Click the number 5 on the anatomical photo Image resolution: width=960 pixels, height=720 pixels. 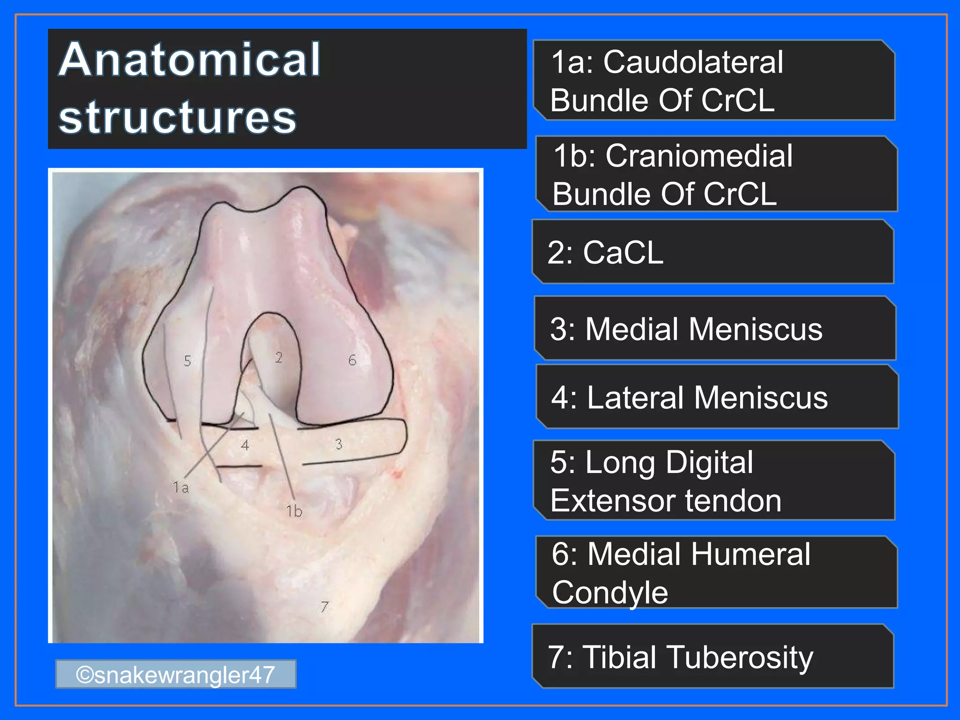pyautogui.click(x=187, y=361)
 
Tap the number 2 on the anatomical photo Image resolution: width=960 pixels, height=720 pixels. pyautogui.click(x=279, y=358)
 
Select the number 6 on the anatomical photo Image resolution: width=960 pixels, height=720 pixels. pyautogui.click(x=352, y=360)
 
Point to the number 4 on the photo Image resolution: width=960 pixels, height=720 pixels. pyautogui.click(x=245, y=445)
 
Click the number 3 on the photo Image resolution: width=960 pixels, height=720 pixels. pyautogui.click(x=339, y=444)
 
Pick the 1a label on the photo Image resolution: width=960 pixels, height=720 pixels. pyautogui.click(x=181, y=487)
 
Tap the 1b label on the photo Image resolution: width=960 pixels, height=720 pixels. pyautogui.click(x=294, y=511)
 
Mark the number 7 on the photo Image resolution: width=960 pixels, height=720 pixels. pyautogui.click(x=324, y=607)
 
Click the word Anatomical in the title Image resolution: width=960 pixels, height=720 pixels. pyautogui.click(x=190, y=60)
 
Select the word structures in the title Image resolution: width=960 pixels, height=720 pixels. pyautogui.click(x=178, y=117)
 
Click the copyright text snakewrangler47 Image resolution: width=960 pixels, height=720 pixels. pyautogui.click(x=176, y=675)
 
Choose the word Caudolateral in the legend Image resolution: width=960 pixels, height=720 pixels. pyautogui.click(x=693, y=62)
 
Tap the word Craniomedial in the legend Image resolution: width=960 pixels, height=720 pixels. pyautogui.click(x=699, y=156)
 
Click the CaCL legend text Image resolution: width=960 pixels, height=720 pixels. pyautogui.click(x=623, y=253)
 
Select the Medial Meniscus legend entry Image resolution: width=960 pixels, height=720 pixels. pyautogui.click(x=686, y=329)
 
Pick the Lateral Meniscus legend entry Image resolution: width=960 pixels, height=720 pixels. pyautogui.click(x=690, y=398)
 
